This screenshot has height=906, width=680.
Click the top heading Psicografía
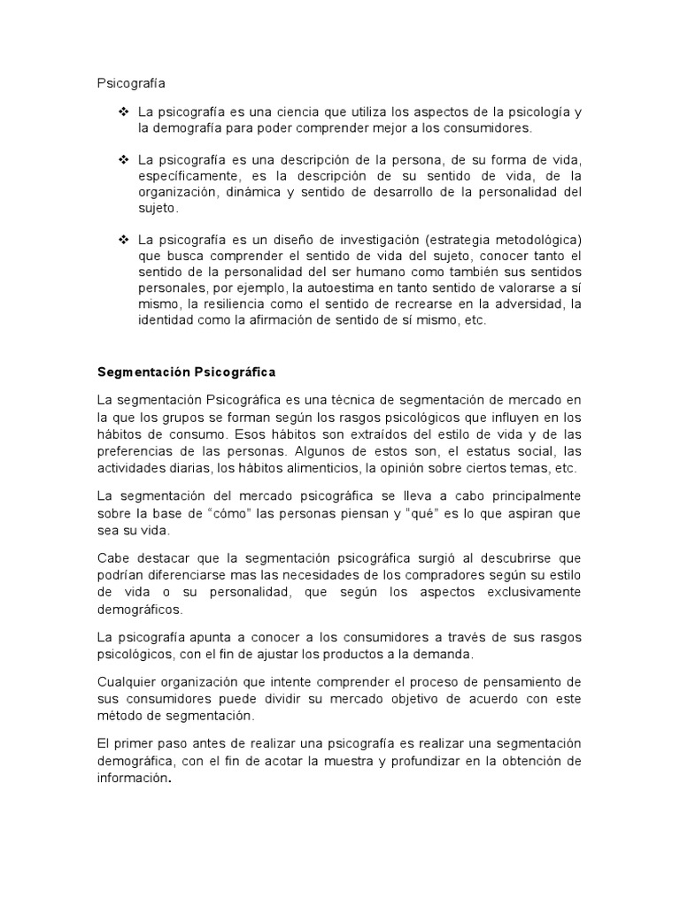click(x=131, y=83)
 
